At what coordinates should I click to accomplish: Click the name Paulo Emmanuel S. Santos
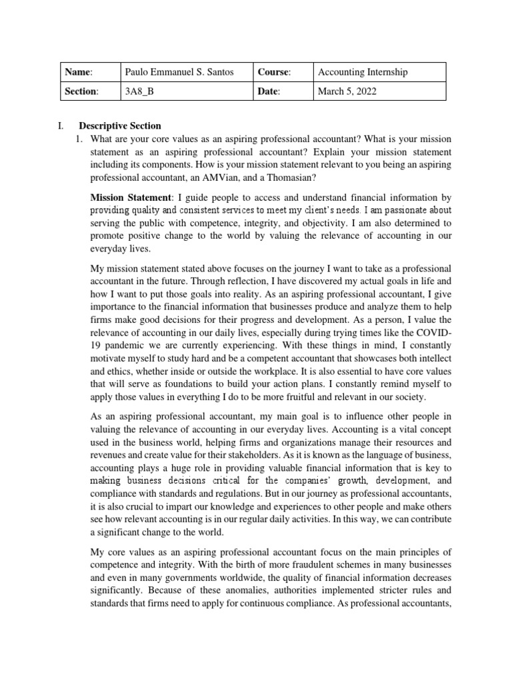179,72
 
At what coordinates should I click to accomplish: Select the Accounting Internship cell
363,72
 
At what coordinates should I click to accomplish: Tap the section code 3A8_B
139,91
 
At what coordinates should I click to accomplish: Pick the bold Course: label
275,72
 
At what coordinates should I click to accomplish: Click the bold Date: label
270,91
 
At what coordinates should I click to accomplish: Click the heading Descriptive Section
120,125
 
